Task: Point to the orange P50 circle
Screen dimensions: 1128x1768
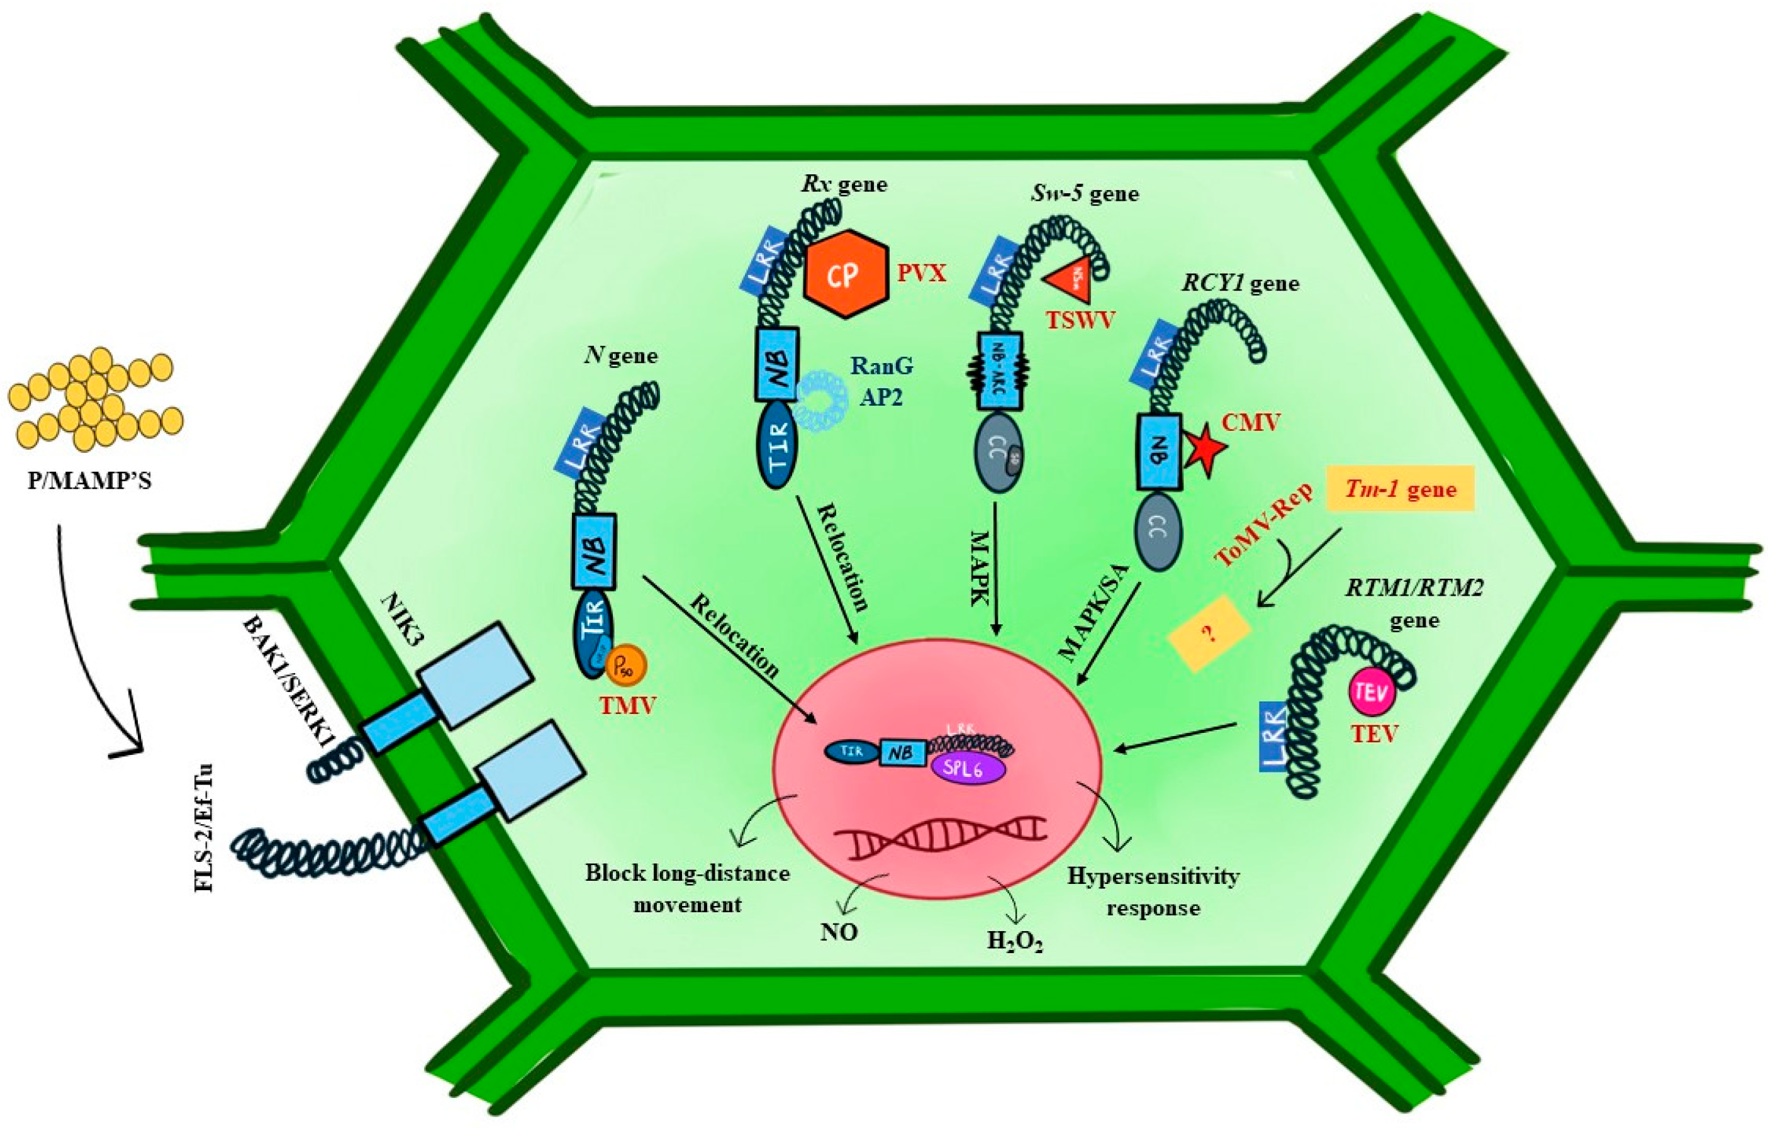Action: point(626,667)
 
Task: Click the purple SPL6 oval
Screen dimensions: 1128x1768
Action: point(967,769)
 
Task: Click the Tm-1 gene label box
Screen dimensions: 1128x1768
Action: point(1401,489)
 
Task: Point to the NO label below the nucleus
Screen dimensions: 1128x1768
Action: point(839,931)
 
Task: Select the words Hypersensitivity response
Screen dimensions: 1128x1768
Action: point(1153,891)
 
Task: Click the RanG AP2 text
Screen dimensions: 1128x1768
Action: point(881,381)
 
